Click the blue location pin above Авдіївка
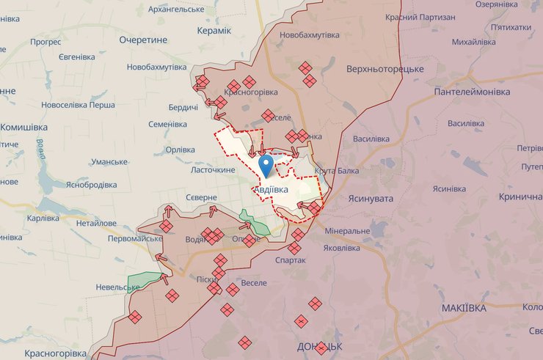point(267,163)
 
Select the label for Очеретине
point(144,40)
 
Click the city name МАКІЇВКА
point(470,308)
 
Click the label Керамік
point(214,30)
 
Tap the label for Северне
point(201,198)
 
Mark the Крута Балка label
point(336,171)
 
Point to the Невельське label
point(112,287)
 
